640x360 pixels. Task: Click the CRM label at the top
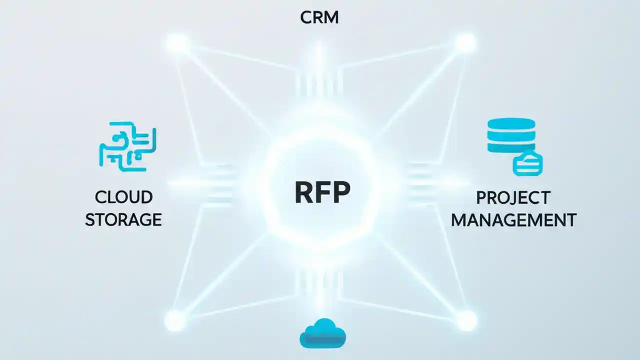(319, 17)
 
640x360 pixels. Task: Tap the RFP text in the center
(322, 192)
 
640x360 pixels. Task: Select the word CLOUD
(123, 197)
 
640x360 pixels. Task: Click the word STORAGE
(123, 219)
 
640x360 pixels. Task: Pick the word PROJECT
(513, 197)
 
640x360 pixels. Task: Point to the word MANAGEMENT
(513, 219)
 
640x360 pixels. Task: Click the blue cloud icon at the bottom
(322, 333)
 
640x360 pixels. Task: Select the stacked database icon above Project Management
(511, 136)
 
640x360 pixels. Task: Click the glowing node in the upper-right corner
(464, 43)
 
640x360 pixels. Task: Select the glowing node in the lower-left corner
(175, 319)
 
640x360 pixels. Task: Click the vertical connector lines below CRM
(319, 82)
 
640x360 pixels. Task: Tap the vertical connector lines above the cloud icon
(320, 285)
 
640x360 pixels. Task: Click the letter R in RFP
(303, 192)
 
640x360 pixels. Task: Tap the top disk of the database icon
(511, 123)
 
